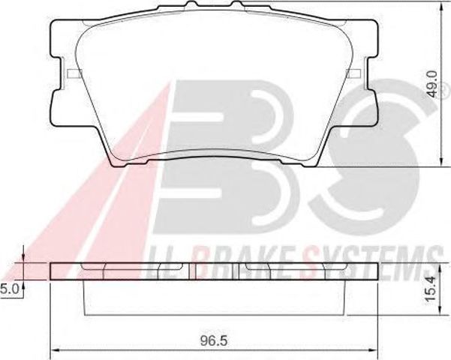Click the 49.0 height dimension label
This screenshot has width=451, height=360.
pos(432,85)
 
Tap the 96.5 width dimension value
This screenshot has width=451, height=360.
pos(214,341)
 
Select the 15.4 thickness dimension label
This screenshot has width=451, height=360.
pos(432,297)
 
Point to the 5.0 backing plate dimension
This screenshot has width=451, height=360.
pos(10,289)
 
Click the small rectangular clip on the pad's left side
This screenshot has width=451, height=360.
pos(74,73)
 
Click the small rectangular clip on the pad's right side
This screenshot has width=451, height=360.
pos(353,73)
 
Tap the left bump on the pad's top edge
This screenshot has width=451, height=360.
pos(191,4)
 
